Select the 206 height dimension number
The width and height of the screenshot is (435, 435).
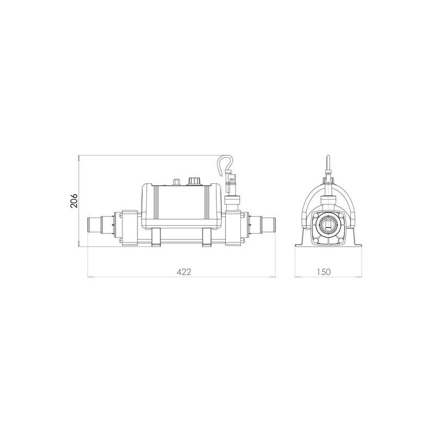pos(74,201)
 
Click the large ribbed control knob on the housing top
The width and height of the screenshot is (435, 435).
pos(193,181)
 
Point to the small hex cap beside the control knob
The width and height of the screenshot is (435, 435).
pos(176,182)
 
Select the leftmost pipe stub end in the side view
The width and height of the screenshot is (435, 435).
pos(94,224)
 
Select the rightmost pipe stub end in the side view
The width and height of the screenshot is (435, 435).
pos(268,224)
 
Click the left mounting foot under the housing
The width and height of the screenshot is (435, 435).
pos(156,237)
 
